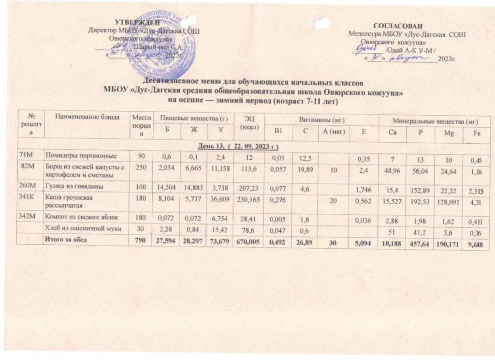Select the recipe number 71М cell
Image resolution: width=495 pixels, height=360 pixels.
point(28,154)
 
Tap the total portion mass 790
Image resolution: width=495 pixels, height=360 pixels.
point(141,239)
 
